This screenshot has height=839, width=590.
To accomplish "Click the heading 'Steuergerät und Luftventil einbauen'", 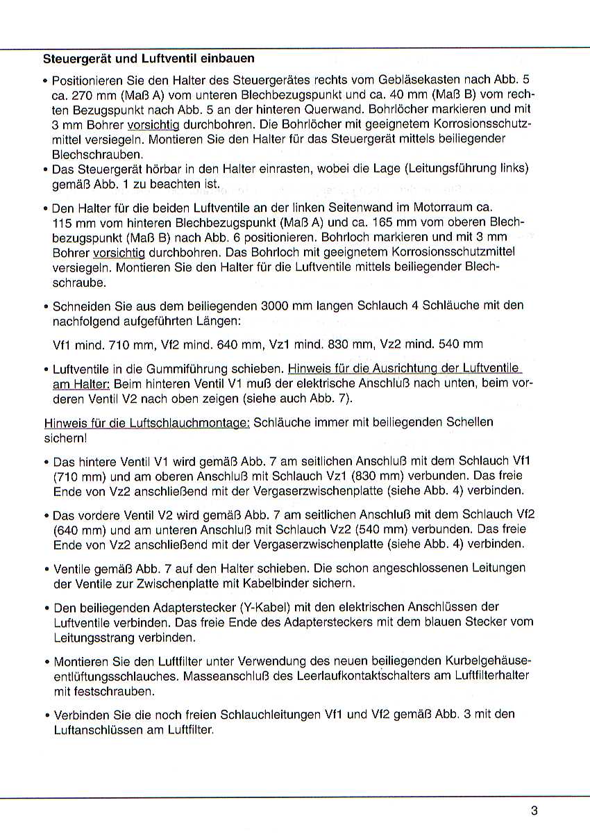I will click(x=149, y=58).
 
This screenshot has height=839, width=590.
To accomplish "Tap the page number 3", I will click(x=534, y=811).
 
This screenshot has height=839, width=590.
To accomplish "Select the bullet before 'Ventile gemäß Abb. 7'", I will click(x=46, y=568).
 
